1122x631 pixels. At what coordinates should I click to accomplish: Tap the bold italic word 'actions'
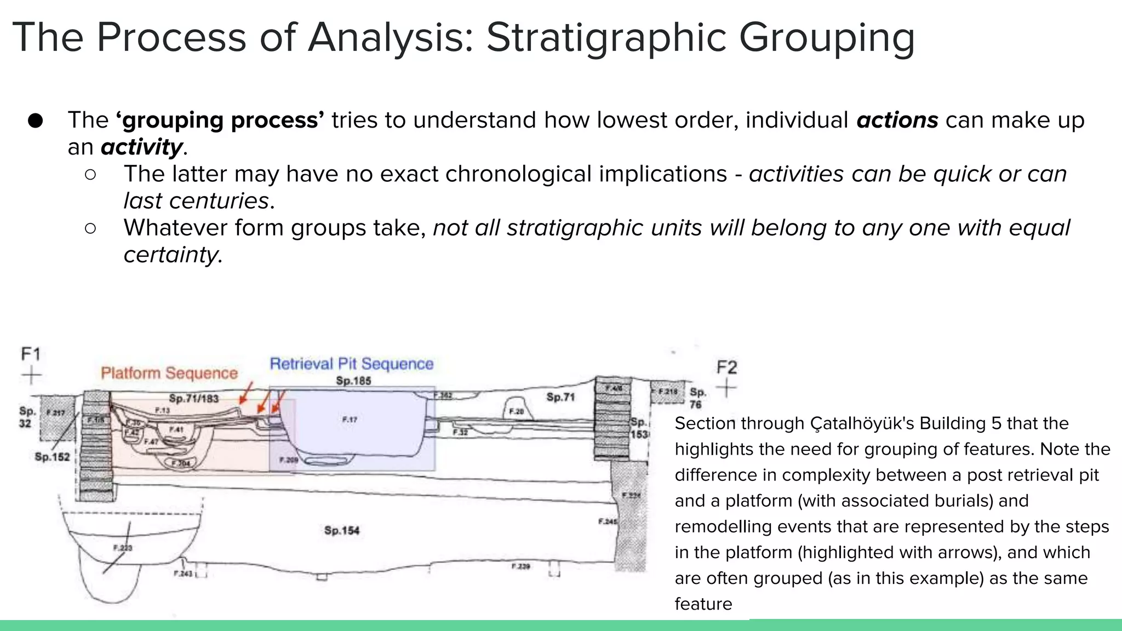click(897, 120)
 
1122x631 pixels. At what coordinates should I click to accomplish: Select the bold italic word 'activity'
click(141, 147)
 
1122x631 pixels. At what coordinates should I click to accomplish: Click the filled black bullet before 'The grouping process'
click(35, 121)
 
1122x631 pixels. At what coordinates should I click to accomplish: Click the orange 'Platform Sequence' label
click(169, 373)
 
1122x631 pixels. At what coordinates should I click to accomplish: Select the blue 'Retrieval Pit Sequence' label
click(351, 364)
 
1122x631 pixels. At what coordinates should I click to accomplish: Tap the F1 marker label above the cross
click(31, 354)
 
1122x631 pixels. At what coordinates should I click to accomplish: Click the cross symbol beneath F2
click(726, 388)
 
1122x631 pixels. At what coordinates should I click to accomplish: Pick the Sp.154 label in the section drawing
click(341, 530)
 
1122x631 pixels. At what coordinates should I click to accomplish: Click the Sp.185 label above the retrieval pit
click(353, 381)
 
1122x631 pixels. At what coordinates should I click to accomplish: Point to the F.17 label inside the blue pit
click(350, 420)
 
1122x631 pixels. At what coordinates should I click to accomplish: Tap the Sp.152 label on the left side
click(52, 456)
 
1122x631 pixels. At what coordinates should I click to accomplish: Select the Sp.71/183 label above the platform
click(193, 398)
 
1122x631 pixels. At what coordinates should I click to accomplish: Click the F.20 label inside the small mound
click(516, 411)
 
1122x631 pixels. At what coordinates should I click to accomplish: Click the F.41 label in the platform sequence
click(176, 429)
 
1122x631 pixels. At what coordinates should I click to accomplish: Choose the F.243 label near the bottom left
click(182, 573)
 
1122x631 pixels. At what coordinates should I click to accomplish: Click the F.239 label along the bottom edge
click(520, 566)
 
